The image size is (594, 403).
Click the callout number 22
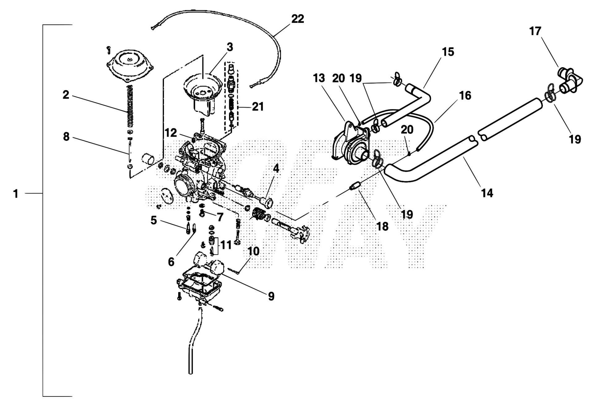click(x=298, y=19)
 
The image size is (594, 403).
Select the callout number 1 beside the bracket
click(x=16, y=194)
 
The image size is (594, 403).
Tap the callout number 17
click(x=535, y=31)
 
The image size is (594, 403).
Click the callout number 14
click(x=487, y=193)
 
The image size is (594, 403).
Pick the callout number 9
click(x=271, y=296)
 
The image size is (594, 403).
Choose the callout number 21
click(x=258, y=107)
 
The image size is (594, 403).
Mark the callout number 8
click(x=66, y=137)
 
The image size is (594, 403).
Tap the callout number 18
click(x=382, y=226)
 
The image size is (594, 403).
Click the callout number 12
click(x=170, y=133)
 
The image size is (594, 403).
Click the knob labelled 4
click(x=268, y=202)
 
